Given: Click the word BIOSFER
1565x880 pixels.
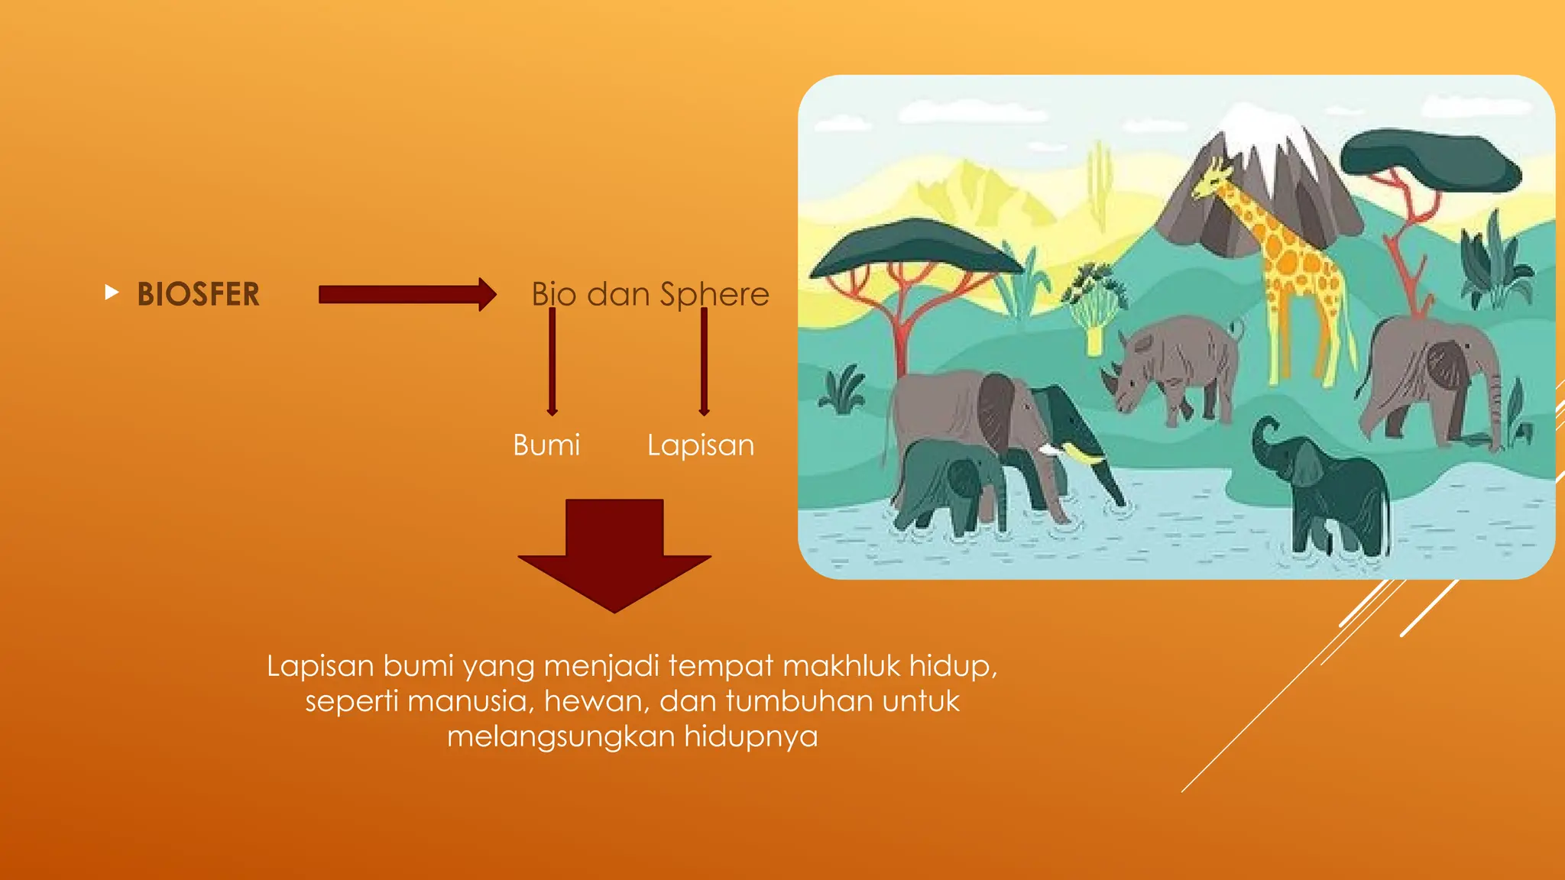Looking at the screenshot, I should click(198, 294).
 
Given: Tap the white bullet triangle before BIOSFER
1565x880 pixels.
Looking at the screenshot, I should click(112, 292).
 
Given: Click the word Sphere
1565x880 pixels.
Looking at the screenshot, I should click(714, 294).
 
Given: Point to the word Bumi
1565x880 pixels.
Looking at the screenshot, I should click(546, 445).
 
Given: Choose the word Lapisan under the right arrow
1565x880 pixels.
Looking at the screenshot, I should click(700, 445).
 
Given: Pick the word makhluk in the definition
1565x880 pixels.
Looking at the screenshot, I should click(841, 666).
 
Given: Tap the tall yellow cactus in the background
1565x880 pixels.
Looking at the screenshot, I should click(1099, 183).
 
